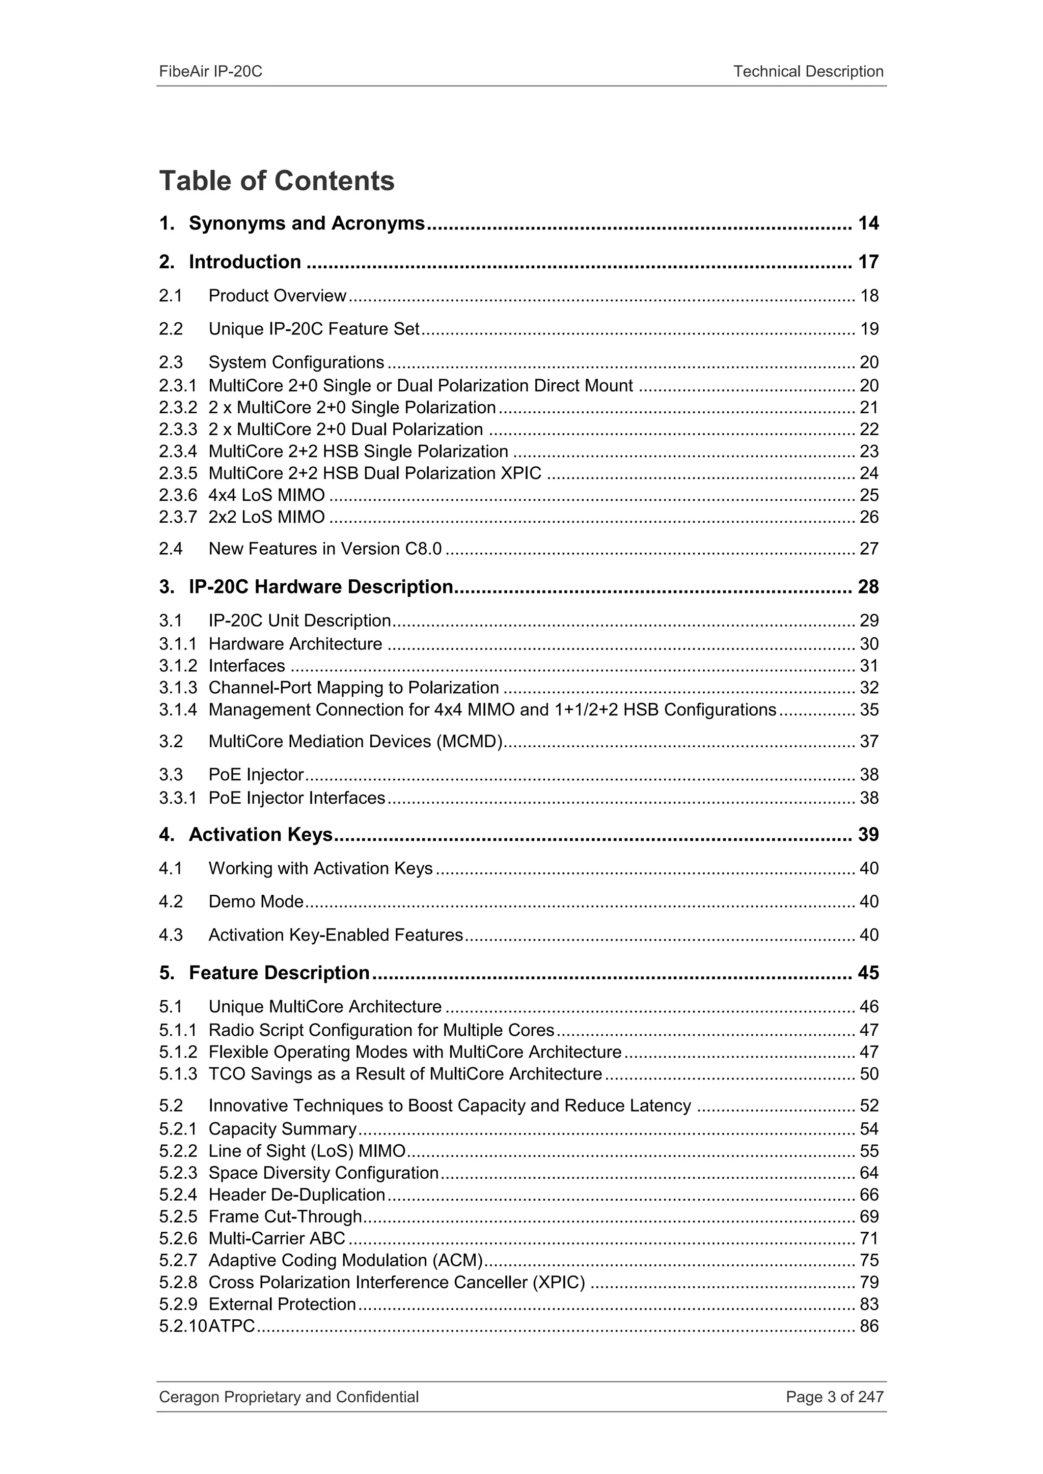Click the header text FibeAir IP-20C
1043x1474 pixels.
pyautogui.click(x=211, y=71)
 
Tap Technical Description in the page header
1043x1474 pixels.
pyautogui.click(x=808, y=71)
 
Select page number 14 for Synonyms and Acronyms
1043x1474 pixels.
pyautogui.click(x=868, y=223)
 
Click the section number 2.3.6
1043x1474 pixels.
pyautogui.click(x=178, y=495)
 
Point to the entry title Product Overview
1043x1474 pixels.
pyautogui.click(x=277, y=296)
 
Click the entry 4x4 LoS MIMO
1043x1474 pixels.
pyautogui.click(x=266, y=495)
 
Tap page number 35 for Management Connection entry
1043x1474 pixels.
pyautogui.click(x=868, y=710)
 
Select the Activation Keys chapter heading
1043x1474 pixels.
pyautogui.click(x=260, y=835)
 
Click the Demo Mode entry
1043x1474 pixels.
pyautogui.click(x=256, y=901)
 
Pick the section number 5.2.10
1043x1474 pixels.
pyautogui.click(x=183, y=1326)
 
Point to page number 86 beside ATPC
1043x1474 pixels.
pyautogui.click(x=868, y=1326)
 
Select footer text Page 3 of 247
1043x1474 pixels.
pyautogui.click(x=834, y=1397)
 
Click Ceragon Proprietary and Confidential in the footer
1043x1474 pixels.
pyautogui.click(x=288, y=1397)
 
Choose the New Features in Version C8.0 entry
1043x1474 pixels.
pyautogui.click(x=324, y=549)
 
